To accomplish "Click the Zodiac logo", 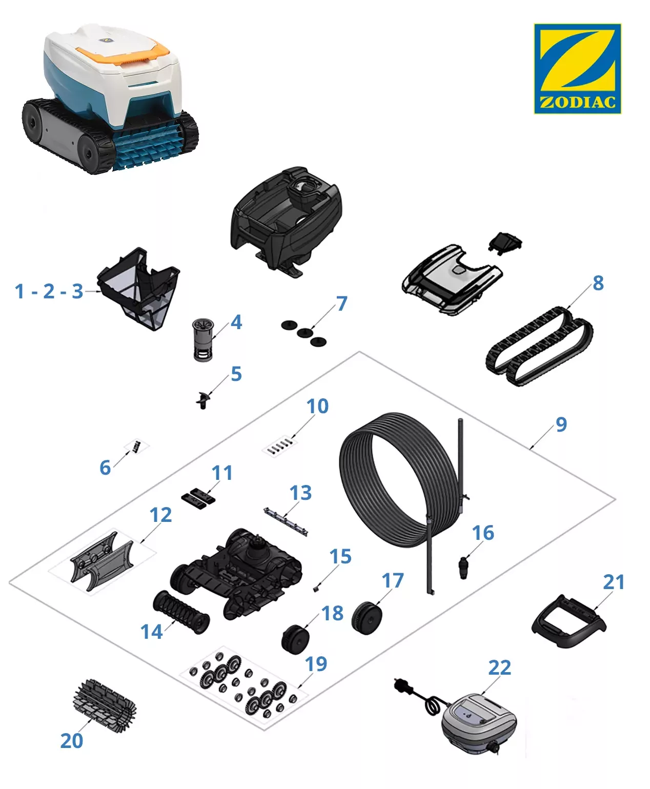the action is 577,69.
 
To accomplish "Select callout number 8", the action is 598,283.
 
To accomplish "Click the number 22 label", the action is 500,667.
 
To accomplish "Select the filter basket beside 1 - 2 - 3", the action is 138,289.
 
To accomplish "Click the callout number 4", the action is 236,322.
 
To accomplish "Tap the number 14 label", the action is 152,632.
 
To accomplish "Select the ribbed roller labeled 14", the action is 181,612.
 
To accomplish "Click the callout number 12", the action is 160,515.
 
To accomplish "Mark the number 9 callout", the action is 561,424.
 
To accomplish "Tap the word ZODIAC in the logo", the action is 577,102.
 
